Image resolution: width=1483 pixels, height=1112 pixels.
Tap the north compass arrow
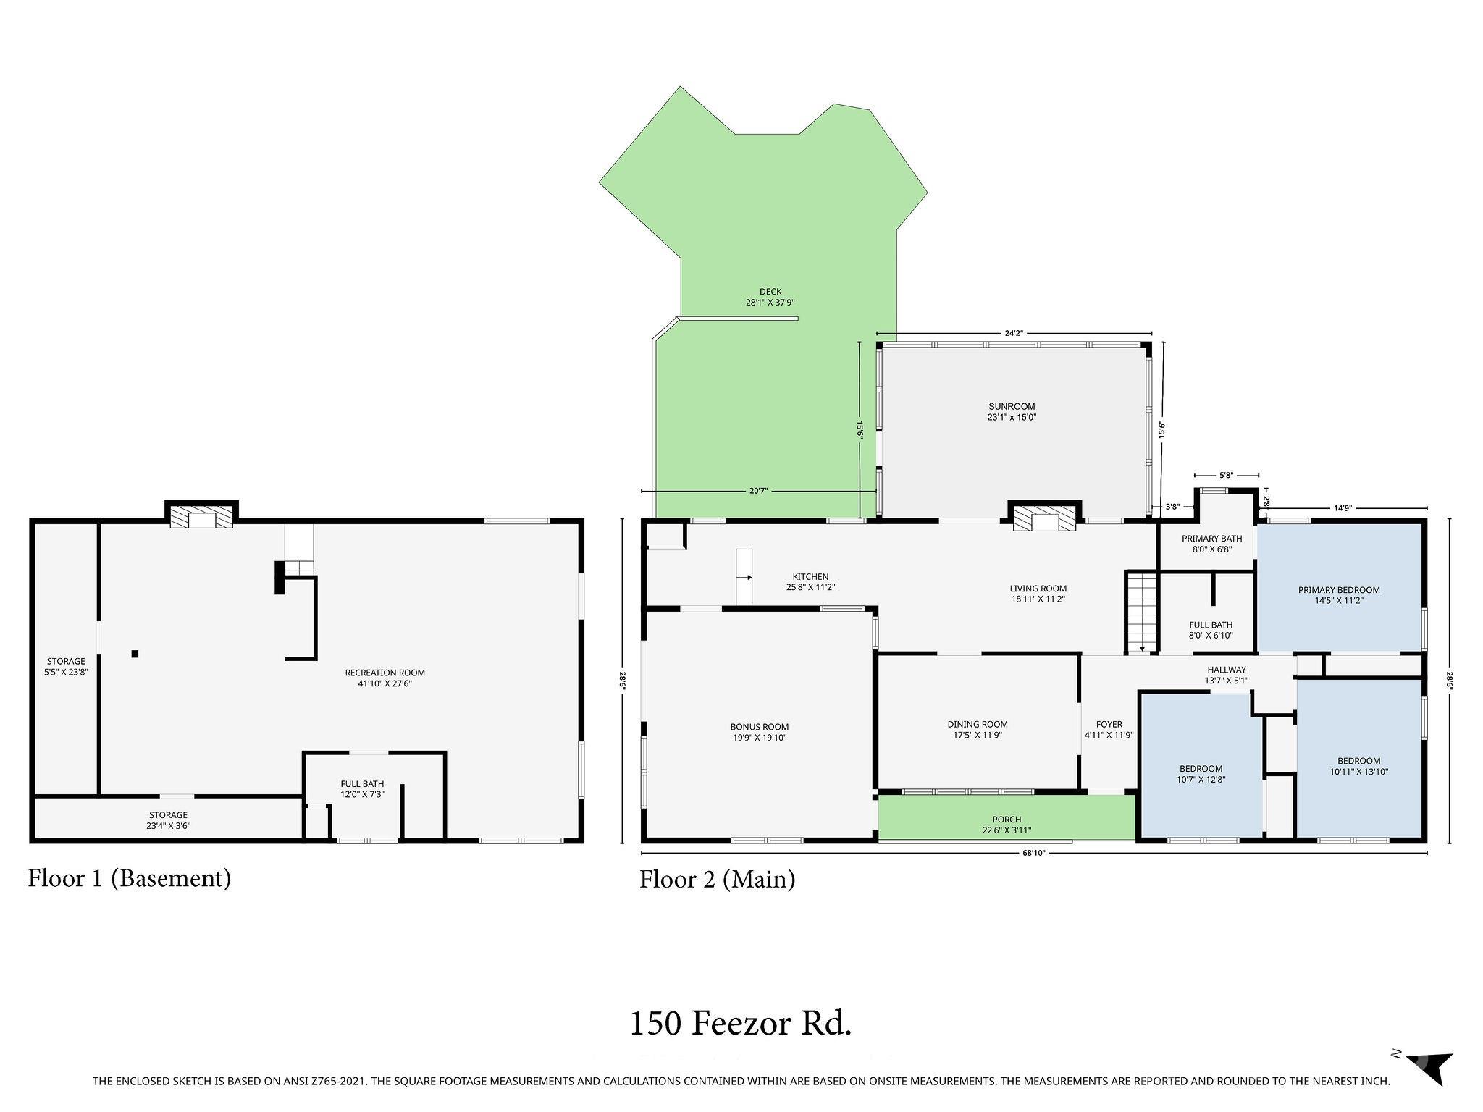tap(1430, 1084)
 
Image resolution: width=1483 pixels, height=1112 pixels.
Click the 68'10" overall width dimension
tap(1033, 853)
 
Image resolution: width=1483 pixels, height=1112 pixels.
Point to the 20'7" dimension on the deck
tap(758, 491)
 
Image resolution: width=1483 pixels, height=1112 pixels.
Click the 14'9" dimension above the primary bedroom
tap(1343, 508)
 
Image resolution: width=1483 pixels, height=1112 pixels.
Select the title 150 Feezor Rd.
tap(740, 1024)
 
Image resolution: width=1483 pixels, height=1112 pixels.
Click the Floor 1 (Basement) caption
tap(130, 878)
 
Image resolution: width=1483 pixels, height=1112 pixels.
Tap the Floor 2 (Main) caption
tap(717, 880)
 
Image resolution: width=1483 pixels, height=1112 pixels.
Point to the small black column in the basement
tap(135, 654)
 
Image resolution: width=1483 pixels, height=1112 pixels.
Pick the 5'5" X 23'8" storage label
tap(66, 672)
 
